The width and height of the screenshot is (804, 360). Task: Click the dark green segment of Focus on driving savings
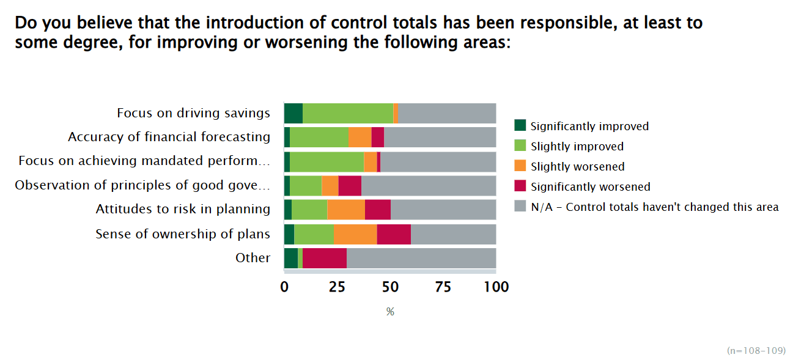click(293, 113)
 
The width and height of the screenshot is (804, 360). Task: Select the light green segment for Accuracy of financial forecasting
click(319, 137)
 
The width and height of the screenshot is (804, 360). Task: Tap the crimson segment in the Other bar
click(325, 258)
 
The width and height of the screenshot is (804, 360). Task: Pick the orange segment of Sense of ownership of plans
click(355, 234)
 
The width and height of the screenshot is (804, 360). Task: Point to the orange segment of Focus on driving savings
click(396, 113)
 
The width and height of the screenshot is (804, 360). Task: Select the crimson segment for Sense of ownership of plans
click(394, 234)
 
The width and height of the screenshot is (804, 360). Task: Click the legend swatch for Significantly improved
click(520, 126)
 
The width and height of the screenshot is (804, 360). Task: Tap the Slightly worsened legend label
click(577, 166)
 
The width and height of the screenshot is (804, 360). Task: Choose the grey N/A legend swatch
click(520, 207)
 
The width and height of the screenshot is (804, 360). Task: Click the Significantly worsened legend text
click(590, 186)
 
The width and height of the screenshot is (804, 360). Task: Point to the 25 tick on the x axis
click(337, 287)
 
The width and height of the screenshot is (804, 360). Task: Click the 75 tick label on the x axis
click(443, 287)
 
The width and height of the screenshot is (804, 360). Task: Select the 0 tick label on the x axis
click(284, 287)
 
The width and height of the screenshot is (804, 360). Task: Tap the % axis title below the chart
click(390, 312)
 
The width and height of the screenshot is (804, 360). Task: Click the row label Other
click(253, 258)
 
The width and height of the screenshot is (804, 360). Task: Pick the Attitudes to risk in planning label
click(183, 210)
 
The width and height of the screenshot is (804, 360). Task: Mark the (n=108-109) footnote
click(756, 350)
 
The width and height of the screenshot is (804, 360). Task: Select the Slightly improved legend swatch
click(520, 146)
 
